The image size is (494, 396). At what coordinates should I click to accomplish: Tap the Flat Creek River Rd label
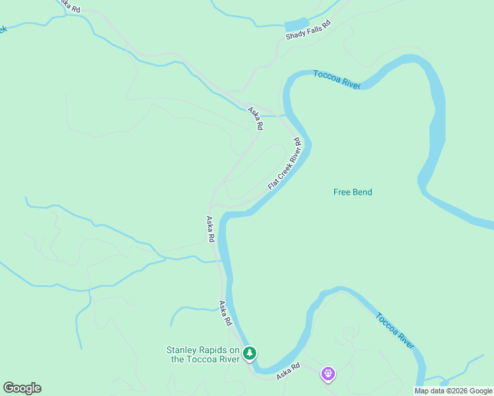(x=285, y=164)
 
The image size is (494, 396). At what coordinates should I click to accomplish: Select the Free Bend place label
(x=353, y=192)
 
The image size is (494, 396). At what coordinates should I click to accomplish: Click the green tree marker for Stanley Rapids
(x=249, y=353)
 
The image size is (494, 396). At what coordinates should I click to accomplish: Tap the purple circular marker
(x=328, y=374)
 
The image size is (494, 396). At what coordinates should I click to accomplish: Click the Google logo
(x=22, y=388)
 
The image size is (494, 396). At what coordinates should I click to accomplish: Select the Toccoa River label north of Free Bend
(x=337, y=79)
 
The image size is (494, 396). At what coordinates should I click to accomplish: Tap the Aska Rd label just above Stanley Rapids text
(x=226, y=313)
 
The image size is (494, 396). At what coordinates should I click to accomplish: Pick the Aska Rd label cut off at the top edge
(x=69, y=5)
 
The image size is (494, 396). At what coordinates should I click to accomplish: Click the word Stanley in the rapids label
(x=183, y=350)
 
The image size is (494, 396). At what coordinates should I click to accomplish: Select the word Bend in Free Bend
(x=362, y=192)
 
